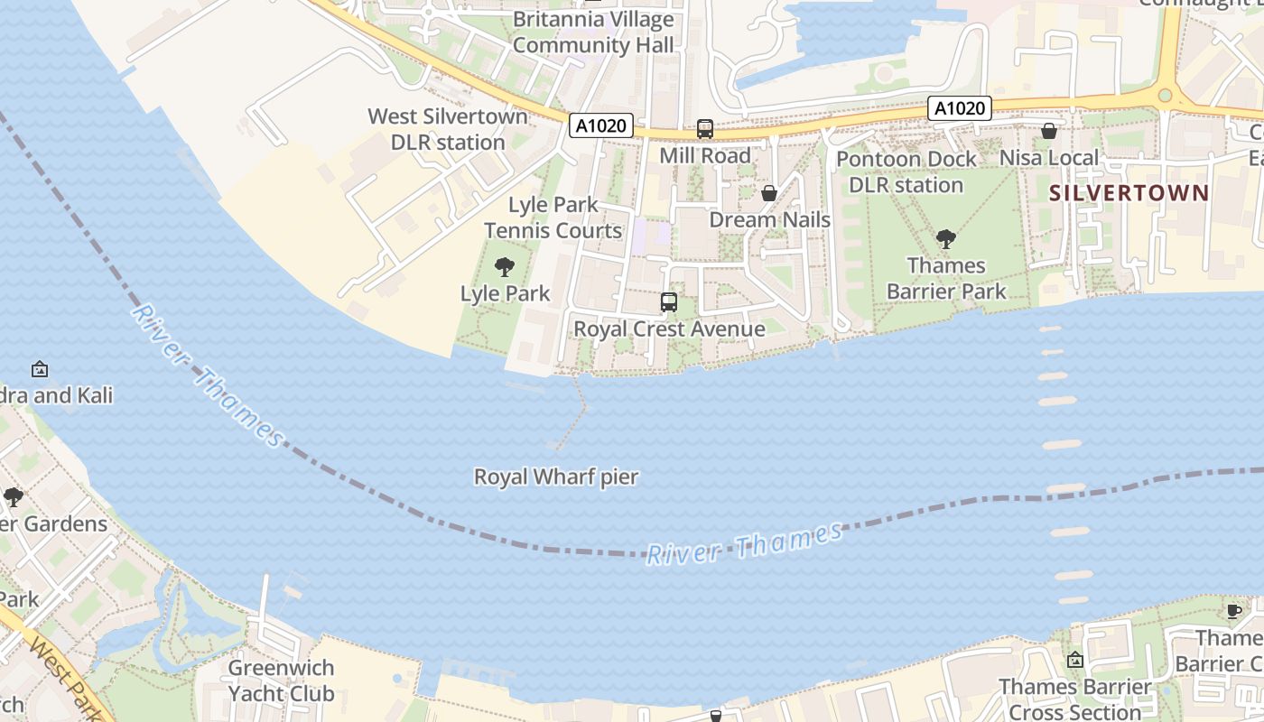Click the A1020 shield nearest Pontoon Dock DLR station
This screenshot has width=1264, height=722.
tap(960, 108)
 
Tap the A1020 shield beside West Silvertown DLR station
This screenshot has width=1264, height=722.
tap(600, 125)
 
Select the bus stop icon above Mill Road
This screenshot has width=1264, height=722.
tap(704, 129)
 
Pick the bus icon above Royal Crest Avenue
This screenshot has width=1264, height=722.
tap(668, 302)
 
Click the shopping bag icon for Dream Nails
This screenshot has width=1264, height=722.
tap(769, 193)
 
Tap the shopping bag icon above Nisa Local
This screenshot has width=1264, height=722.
tap(1048, 132)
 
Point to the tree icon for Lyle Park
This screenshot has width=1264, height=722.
tap(505, 267)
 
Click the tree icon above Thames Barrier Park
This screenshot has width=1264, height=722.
tap(945, 239)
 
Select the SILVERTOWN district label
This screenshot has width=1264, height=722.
tap(1128, 192)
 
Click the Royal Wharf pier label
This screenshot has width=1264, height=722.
tap(556, 477)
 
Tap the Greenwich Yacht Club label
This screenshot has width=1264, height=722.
tap(281, 680)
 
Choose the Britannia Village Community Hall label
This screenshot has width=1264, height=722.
tap(593, 32)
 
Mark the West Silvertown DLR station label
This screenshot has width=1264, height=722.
tap(448, 129)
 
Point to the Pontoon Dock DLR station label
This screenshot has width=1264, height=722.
tap(906, 171)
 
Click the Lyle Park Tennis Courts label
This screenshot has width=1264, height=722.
tap(553, 218)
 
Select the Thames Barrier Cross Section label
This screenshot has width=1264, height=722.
tap(1074, 699)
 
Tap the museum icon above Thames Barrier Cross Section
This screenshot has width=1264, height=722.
tap(1074, 661)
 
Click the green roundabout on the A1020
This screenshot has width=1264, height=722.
tap(1165, 95)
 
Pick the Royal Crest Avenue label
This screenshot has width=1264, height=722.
tap(669, 329)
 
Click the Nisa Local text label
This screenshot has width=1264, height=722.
tap(1048, 158)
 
